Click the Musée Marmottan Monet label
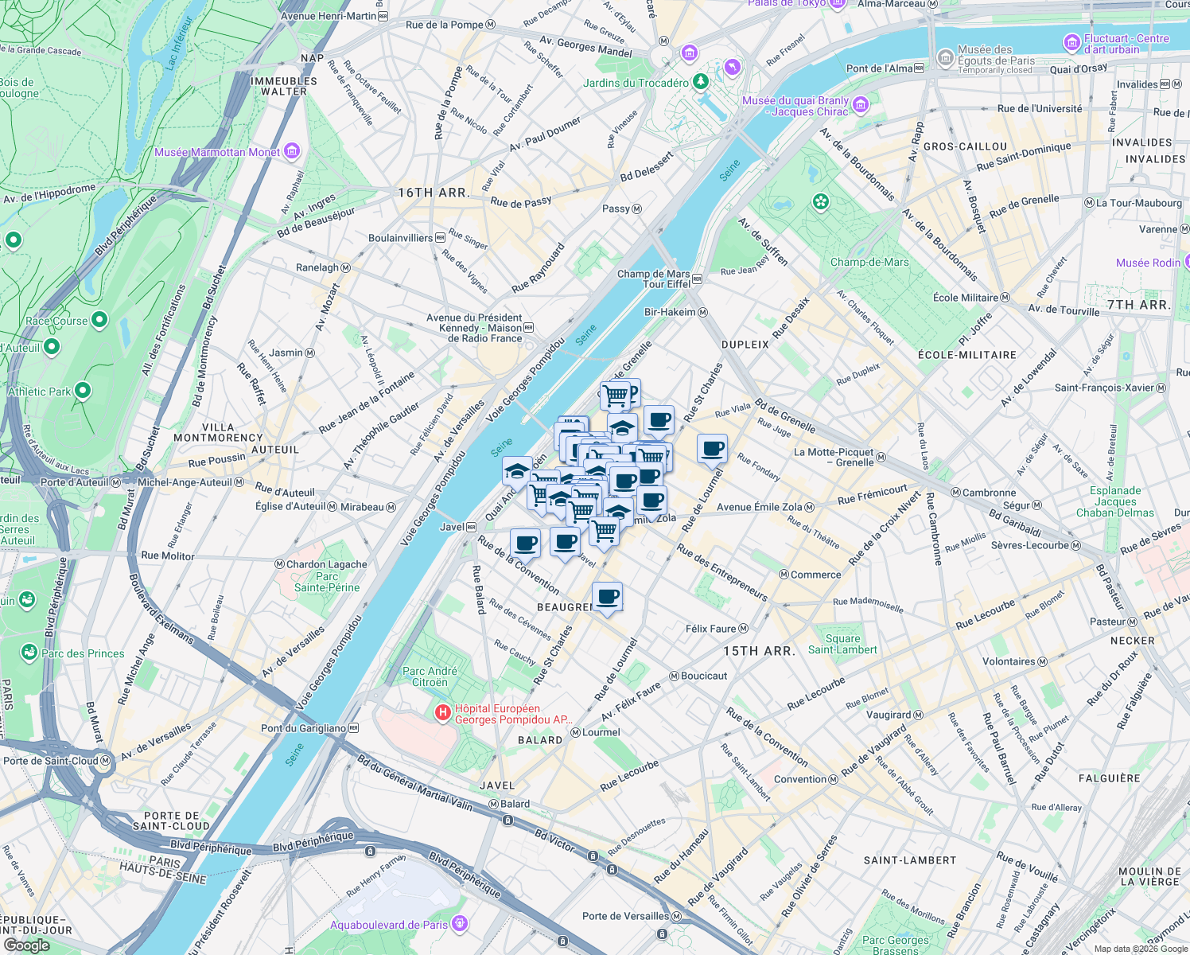pyautogui.click(x=217, y=152)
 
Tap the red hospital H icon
pyautogui.click(x=443, y=713)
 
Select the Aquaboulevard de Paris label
pyautogui.click(x=389, y=925)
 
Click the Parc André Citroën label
pyautogui.click(x=430, y=676)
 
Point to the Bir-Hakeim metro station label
pyautogui.click(x=670, y=312)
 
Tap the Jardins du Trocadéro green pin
pyautogui.click(x=700, y=81)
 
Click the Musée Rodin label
pyautogui.click(x=1148, y=263)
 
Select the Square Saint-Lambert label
pyautogui.click(x=842, y=644)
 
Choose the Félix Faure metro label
pyautogui.click(x=711, y=629)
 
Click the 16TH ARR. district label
pyautogui.click(x=434, y=193)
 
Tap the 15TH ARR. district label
pyautogui.click(x=759, y=651)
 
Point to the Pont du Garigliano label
pyautogui.click(x=304, y=728)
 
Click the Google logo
pyautogui.click(x=26, y=945)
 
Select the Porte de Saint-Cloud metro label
pyautogui.click(x=51, y=761)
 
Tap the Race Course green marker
pyautogui.click(x=99, y=320)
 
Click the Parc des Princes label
pyautogui.click(x=83, y=653)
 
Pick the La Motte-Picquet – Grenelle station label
pyautogui.click(x=834, y=457)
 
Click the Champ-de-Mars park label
pyautogui.click(x=869, y=262)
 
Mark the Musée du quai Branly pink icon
pyautogui.click(x=860, y=104)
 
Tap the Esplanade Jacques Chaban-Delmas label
pyautogui.click(x=1115, y=501)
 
